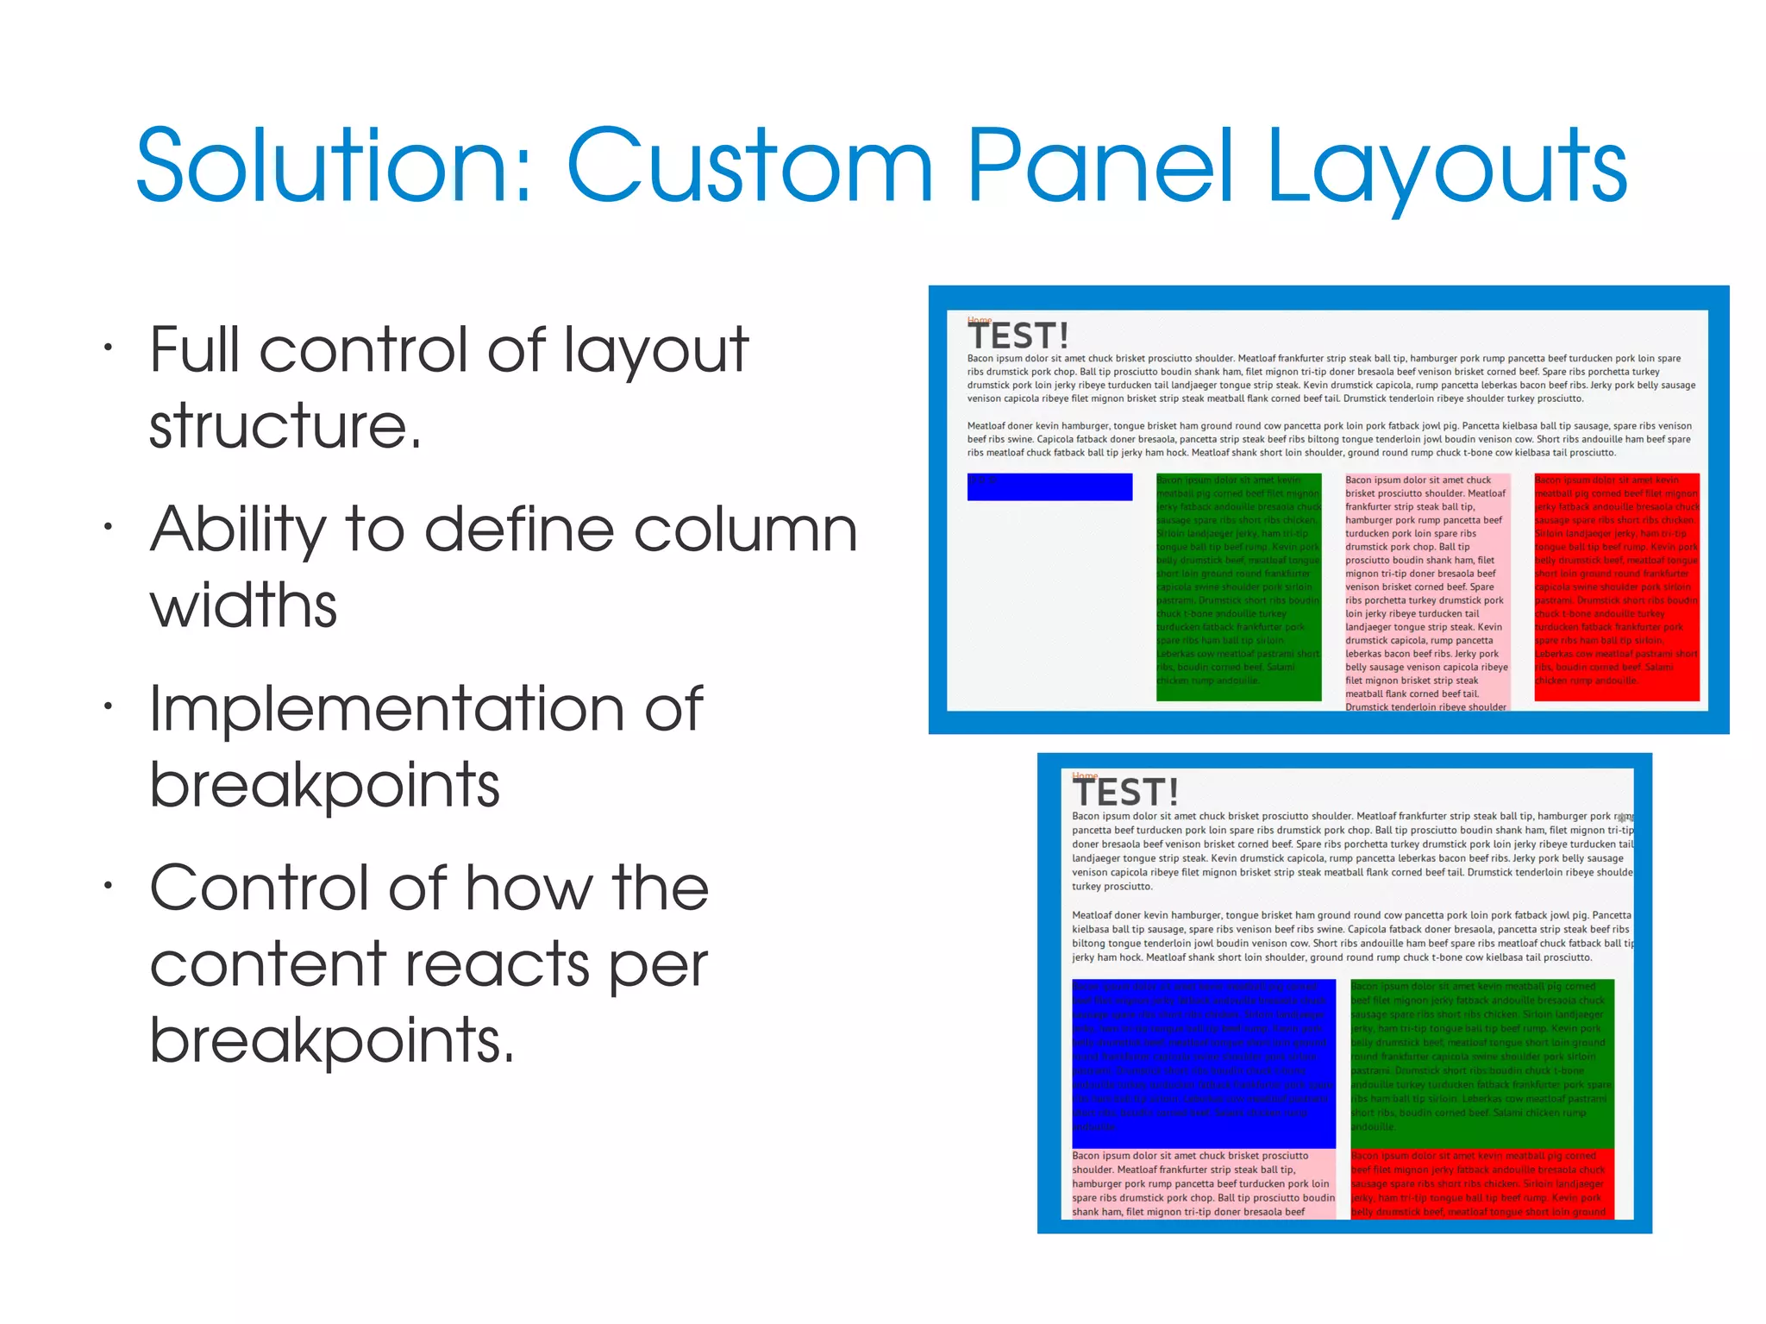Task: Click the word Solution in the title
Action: (x=333, y=165)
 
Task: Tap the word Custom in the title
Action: (x=749, y=165)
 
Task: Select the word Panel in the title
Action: (x=1099, y=165)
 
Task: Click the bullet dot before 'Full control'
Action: (x=108, y=348)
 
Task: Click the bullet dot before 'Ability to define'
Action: (x=108, y=527)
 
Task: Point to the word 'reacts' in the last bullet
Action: (x=497, y=963)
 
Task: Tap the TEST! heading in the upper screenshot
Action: (x=1018, y=336)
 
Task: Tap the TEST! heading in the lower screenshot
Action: (x=1125, y=792)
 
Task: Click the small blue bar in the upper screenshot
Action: (x=1049, y=487)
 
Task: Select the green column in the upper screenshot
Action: (x=1238, y=587)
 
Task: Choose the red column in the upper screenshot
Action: (x=1617, y=587)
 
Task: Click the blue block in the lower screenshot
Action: (x=1204, y=1063)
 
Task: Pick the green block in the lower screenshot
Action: (x=1481, y=1063)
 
